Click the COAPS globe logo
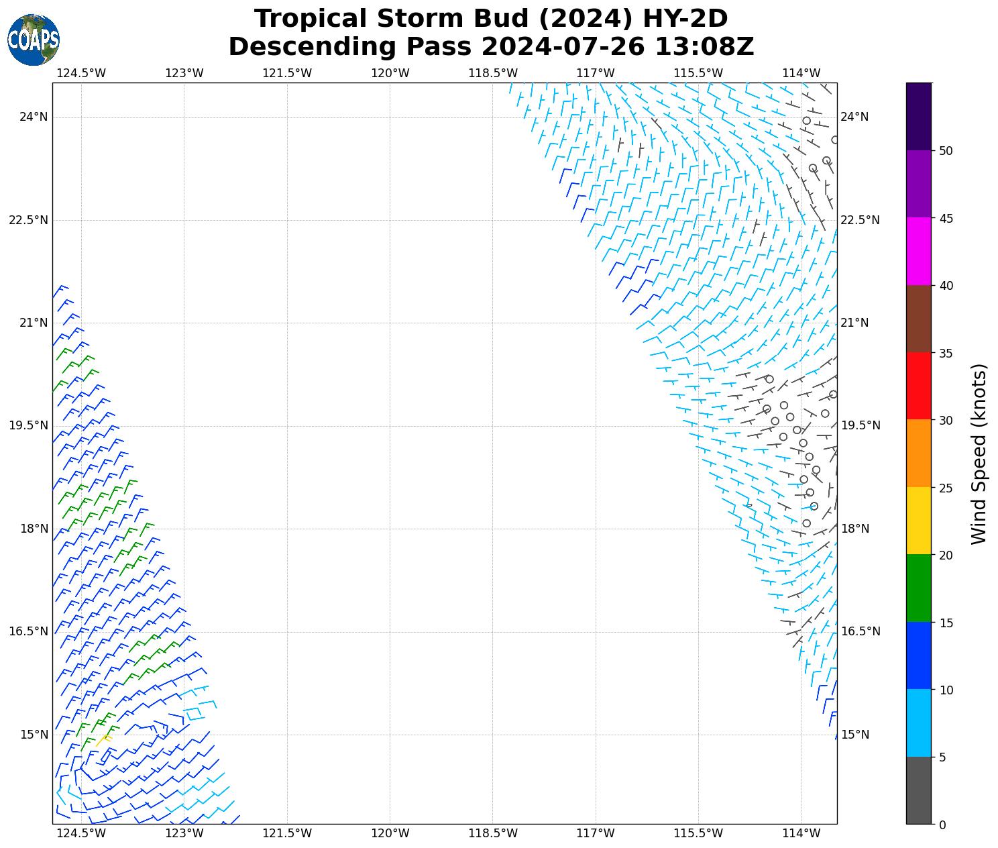[x=34, y=40]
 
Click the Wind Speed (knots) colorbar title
[x=979, y=454]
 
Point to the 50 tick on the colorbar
[x=946, y=151]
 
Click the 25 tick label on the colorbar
[x=946, y=488]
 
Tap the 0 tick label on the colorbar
[x=942, y=825]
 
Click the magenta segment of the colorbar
[x=918, y=251]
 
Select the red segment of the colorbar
[x=918, y=386]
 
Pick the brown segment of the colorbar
[x=918, y=319]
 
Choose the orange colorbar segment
[x=918, y=453]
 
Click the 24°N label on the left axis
[x=34, y=117]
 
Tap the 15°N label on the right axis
[x=855, y=735]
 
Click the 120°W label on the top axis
[x=390, y=73]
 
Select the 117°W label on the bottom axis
[x=596, y=834]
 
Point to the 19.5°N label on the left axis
[x=28, y=425]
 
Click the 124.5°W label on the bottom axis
[x=81, y=834]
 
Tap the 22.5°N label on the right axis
[x=861, y=220]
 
